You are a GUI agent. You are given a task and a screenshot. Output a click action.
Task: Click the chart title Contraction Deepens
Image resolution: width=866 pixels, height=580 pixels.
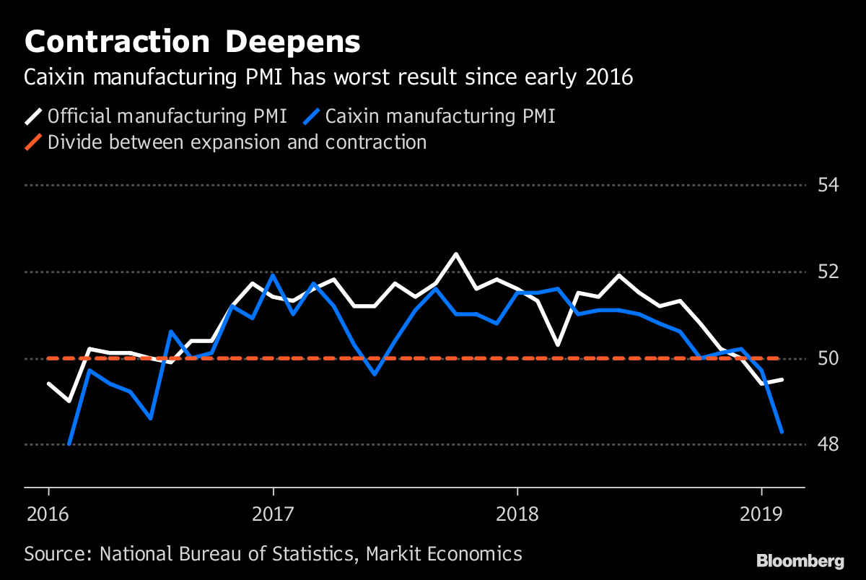pos(192,42)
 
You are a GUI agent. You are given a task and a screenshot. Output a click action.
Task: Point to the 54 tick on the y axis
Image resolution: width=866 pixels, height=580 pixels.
pos(828,186)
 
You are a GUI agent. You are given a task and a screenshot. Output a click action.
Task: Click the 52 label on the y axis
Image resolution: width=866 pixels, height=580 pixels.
pos(828,272)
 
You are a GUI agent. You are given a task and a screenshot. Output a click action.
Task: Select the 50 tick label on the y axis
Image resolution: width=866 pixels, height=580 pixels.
pos(828,359)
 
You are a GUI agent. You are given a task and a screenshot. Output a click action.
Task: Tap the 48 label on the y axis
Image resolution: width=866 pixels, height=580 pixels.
pos(828,444)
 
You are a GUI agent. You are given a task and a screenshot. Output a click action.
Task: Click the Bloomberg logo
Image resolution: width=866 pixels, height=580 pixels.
pos(800,560)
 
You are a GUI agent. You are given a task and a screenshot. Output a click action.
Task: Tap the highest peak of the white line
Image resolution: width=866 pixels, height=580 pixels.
pos(456,254)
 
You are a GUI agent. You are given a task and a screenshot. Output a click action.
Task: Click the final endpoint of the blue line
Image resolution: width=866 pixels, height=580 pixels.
pos(782,432)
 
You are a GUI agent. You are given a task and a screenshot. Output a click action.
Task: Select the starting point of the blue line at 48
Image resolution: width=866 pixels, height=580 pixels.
pos(69,444)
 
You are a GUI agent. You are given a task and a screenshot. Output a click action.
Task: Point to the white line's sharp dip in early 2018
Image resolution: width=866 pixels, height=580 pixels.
pos(558,345)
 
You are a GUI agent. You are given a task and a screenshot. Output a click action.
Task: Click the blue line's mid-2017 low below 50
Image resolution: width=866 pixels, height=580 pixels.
pos(375,374)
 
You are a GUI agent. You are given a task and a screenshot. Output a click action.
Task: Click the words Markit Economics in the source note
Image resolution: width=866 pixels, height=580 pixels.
pos(443,554)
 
